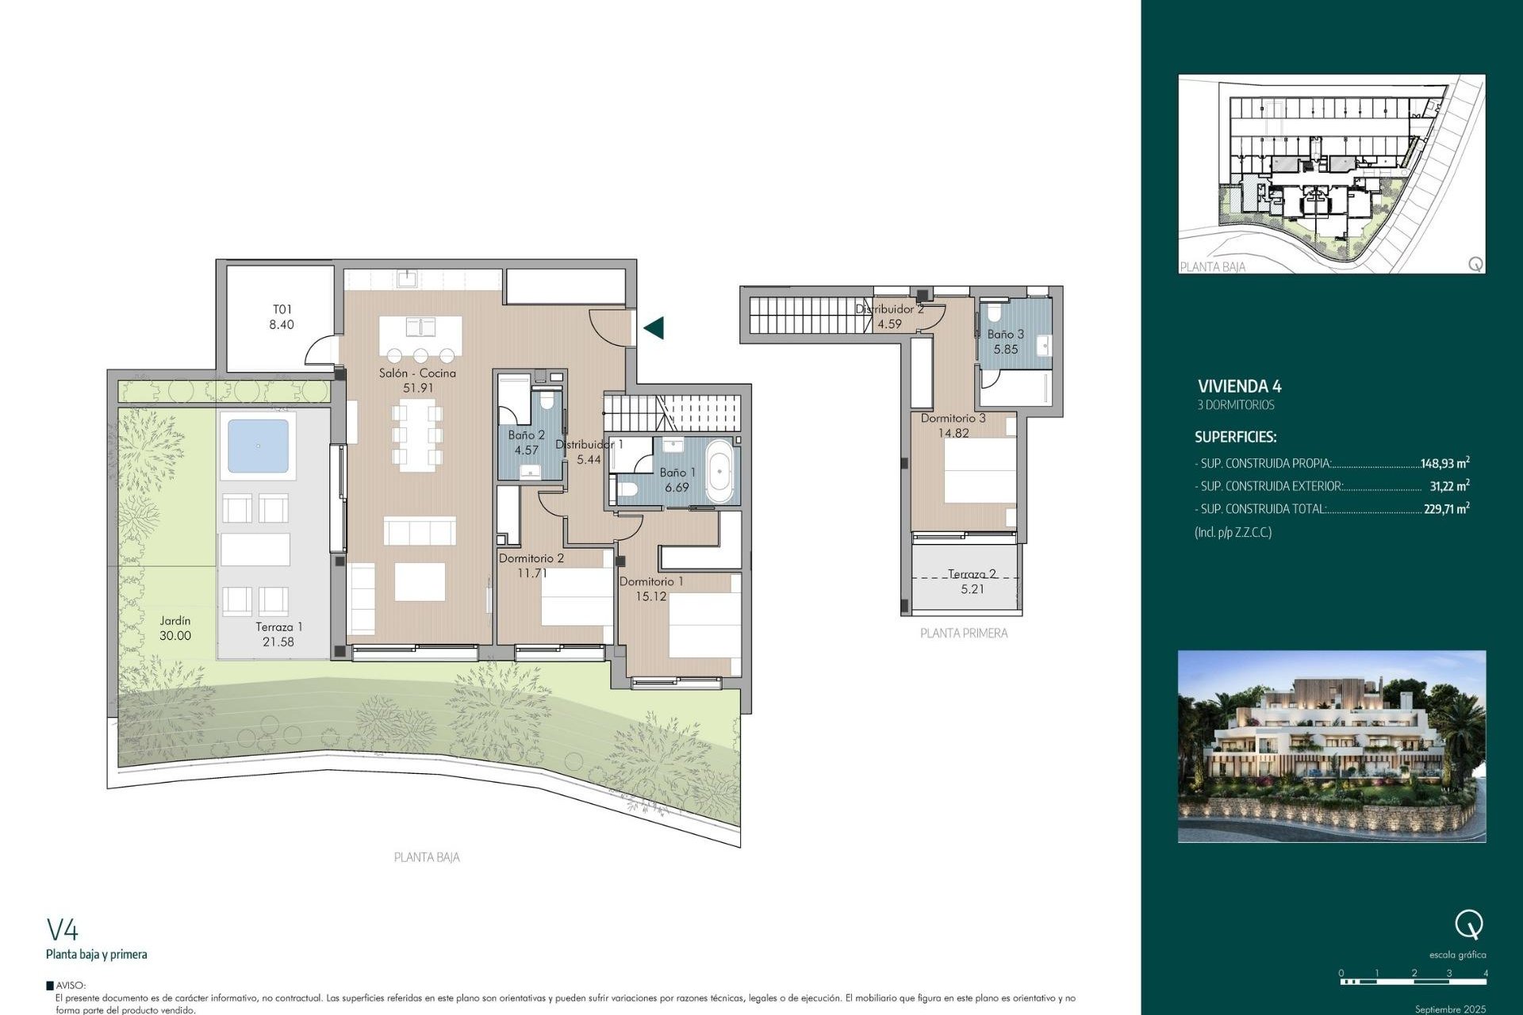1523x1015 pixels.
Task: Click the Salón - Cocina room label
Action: click(x=417, y=373)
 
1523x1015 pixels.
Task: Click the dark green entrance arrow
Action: click(x=654, y=327)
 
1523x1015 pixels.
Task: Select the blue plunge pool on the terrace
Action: click(x=258, y=446)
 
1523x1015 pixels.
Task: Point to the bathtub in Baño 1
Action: click(x=719, y=472)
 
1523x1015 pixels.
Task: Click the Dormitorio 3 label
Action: click(x=953, y=419)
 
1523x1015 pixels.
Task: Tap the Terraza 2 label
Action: click(x=972, y=574)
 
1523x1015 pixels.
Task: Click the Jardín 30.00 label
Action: click(x=175, y=628)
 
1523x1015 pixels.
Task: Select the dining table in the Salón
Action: click(x=418, y=435)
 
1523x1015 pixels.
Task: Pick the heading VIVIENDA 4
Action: click(x=1239, y=387)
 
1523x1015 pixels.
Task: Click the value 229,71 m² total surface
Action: click(x=1446, y=509)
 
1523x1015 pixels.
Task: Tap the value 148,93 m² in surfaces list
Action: click(x=1444, y=463)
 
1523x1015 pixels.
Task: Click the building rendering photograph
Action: click(x=1331, y=746)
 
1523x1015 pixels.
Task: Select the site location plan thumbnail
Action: click(x=1331, y=174)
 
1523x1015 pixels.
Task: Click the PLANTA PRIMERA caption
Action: click(x=963, y=634)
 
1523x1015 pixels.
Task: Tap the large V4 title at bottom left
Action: click(x=63, y=929)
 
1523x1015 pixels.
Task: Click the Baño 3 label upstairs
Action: click(x=1005, y=335)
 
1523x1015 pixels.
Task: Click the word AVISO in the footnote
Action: click(x=71, y=986)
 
